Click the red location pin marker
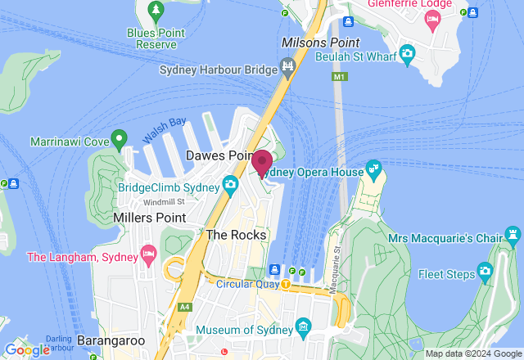(262, 161)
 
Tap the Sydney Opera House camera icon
(374, 171)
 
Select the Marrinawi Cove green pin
(119, 138)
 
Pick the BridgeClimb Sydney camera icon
(230, 183)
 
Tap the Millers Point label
(150, 217)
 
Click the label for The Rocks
(236, 235)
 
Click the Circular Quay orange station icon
(286, 284)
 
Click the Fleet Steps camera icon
(486, 271)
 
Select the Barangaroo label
(112, 340)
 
